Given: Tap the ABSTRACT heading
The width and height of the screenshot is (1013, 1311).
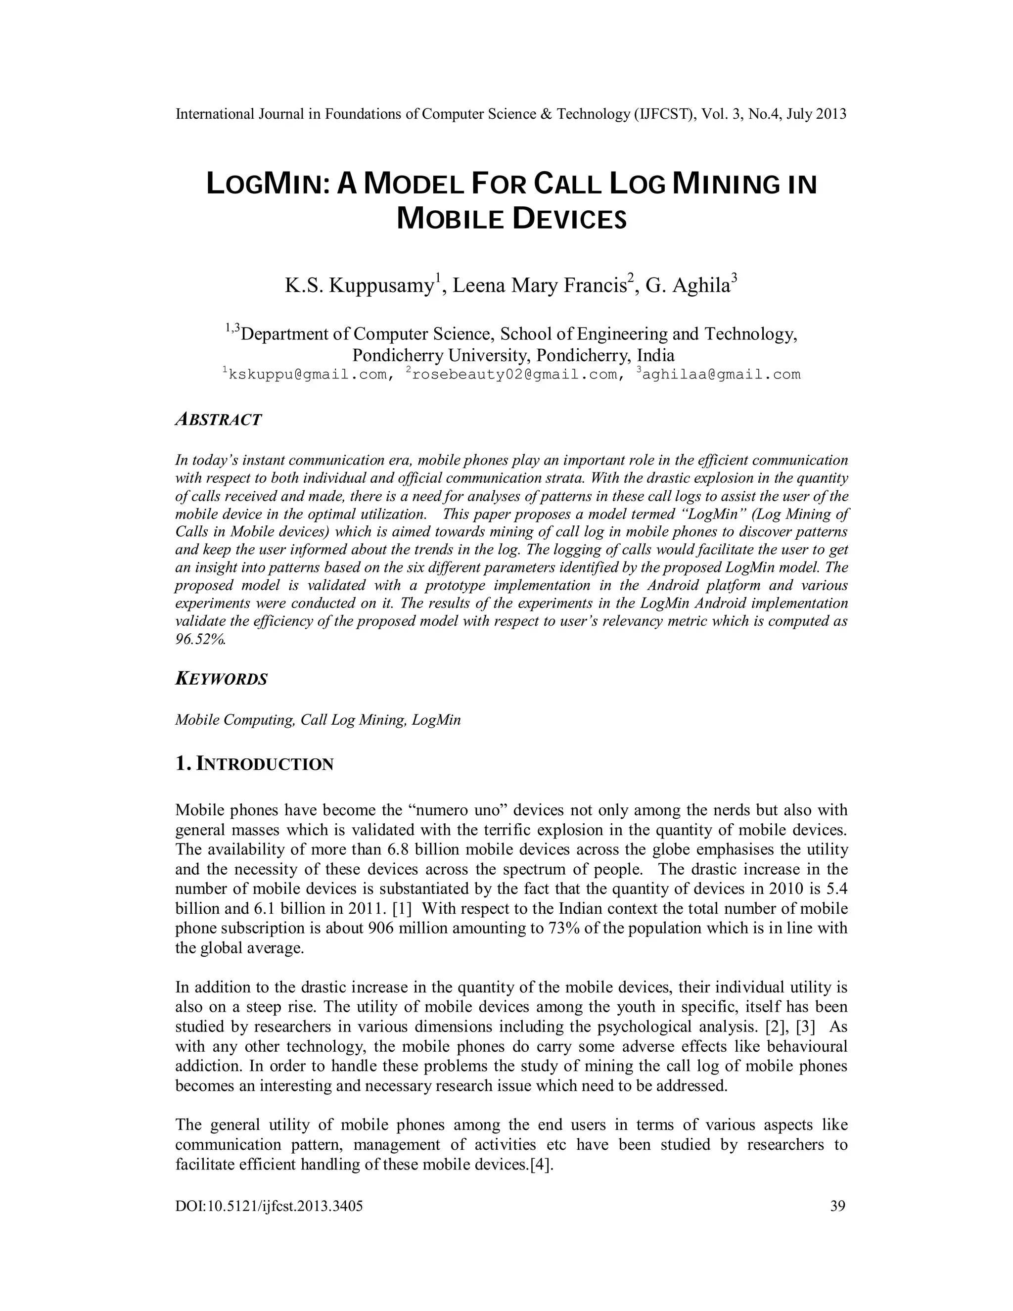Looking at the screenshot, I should [219, 420].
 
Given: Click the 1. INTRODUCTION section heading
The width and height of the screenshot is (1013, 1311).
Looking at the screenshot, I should [254, 764].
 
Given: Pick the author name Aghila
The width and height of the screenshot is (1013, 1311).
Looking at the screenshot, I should [701, 286].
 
